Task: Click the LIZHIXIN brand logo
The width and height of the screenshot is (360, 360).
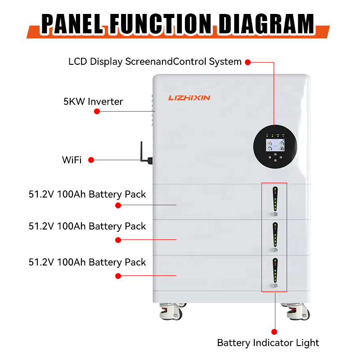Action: tap(189, 98)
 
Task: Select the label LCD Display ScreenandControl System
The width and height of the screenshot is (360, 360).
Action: tap(155, 62)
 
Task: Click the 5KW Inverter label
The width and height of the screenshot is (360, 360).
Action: tap(93, 102)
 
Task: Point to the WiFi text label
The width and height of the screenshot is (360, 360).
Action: tap(72, 160)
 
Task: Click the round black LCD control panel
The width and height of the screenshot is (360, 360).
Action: tap(274, 147)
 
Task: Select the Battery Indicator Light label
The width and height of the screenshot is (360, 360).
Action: tap(268, 343)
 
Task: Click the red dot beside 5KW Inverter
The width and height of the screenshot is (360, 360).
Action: tap(97, 111)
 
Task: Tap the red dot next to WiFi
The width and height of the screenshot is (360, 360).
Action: tap(91, 160)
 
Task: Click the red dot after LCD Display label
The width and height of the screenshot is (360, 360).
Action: tap(247, 62)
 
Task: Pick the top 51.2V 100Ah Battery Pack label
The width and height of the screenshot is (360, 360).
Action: tap(87, 194)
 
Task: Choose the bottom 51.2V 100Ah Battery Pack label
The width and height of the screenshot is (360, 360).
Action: tap(87, 262)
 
